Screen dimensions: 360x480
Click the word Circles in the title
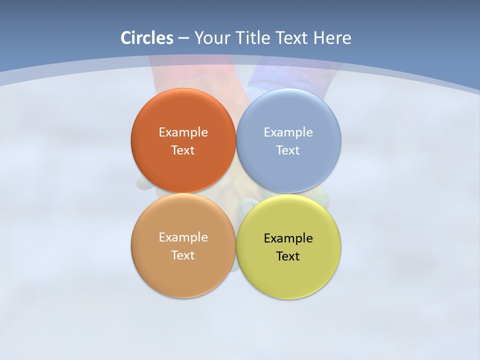tap(147, 38)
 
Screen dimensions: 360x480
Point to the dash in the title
tap(183, 38)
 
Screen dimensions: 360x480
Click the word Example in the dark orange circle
tap(183, 132)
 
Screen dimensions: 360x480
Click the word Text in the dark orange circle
tap(183, 150)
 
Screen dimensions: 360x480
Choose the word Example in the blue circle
tap(288, 132)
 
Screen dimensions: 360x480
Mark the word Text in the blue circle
tap(288, 150)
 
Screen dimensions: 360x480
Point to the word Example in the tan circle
tap(183, 237)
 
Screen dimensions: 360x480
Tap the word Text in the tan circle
tap(183, 255)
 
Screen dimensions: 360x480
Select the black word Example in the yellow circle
tap(288, 238)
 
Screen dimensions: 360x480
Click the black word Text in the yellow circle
tap(288, 256)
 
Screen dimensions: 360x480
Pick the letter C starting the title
tap(125, 38)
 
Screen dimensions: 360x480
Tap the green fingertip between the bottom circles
tap(247, 203)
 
